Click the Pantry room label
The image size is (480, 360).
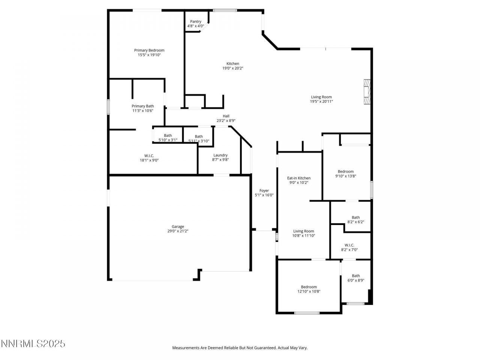(x=195, y=22)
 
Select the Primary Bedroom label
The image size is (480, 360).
(x=149, y=50)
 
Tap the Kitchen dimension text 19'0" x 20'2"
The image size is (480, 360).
(x=232, y=68)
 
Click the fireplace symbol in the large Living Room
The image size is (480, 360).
(x=367, y=92)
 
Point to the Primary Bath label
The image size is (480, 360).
(x=142, y=106)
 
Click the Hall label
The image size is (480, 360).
(x=226, y=116)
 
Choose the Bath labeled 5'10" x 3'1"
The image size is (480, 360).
(x=168, y=138)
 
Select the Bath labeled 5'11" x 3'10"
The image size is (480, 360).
(x=199, y=139)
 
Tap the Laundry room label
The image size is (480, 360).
(x=220, y=155)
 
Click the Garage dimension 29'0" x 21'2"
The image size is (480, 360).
(x=178, y=231)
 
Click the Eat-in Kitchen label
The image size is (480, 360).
(x=299, y=178)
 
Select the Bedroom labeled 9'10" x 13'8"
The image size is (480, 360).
(x=345, y=174)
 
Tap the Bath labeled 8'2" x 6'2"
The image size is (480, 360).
(x=355, y=219)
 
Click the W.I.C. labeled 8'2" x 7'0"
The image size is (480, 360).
(x=349, y=247)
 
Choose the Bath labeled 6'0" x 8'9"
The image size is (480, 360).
(x=355, y=278)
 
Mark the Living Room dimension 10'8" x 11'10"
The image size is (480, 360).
(x=303, y=236)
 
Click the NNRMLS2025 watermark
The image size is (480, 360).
(x=33, y=343)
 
